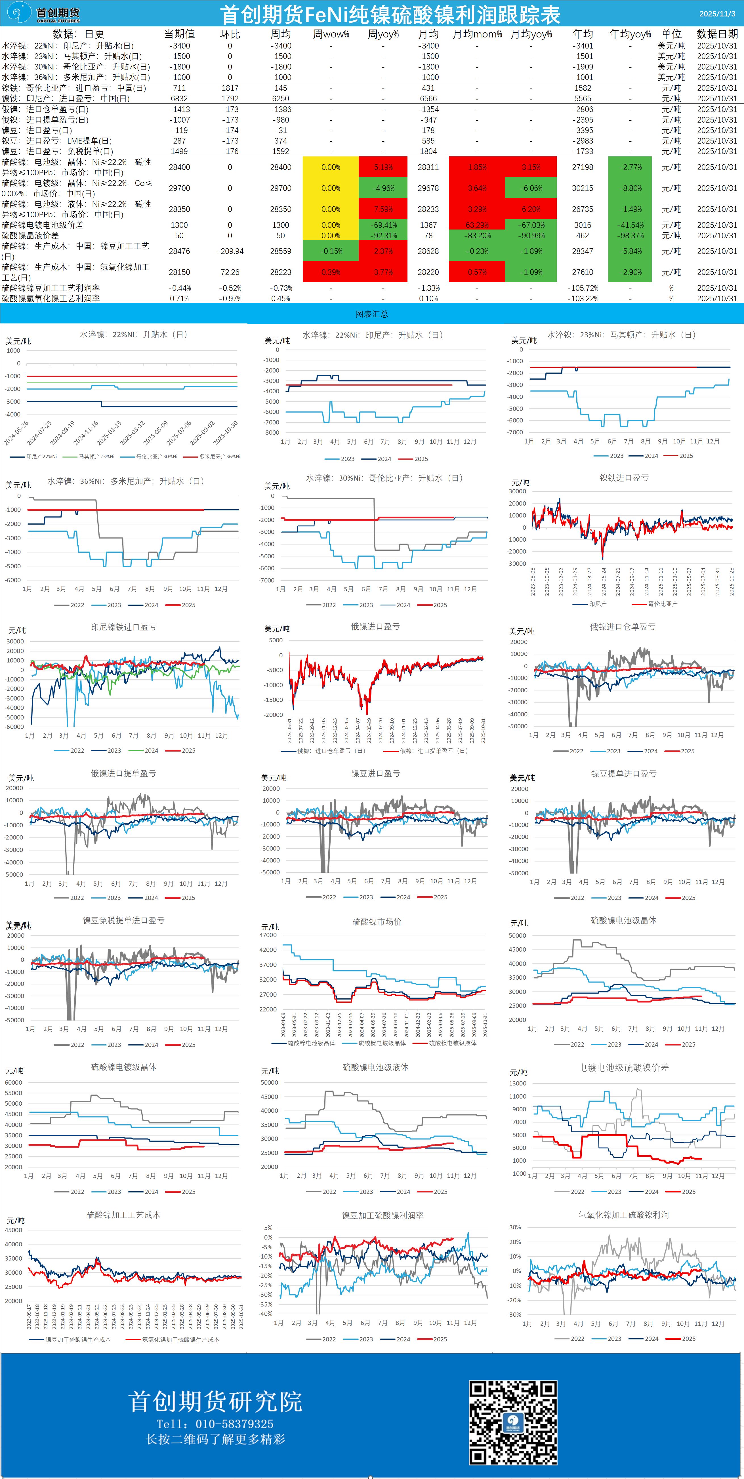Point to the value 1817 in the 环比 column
pos(230,88)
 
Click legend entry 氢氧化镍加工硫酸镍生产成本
pos(180,1339)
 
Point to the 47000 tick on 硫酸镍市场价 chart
pos(268,935)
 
